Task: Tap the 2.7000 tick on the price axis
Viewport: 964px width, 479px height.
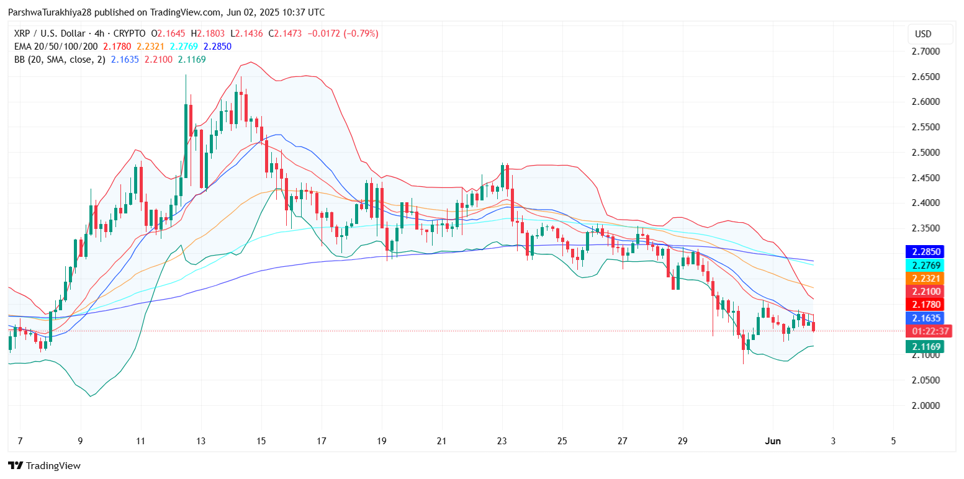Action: [x=926, y=51]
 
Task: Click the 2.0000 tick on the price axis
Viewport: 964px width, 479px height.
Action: [x=926, y=405]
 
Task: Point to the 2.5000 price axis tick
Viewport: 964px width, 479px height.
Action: [x=926, y=152]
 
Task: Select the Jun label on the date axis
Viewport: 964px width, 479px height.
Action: [x=773, y=441]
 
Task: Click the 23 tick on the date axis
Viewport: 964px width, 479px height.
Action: [x=502, y=441]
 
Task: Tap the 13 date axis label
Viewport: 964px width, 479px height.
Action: [x=201, y=441]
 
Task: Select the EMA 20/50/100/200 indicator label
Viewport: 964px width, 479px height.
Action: [x=55, y=46]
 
